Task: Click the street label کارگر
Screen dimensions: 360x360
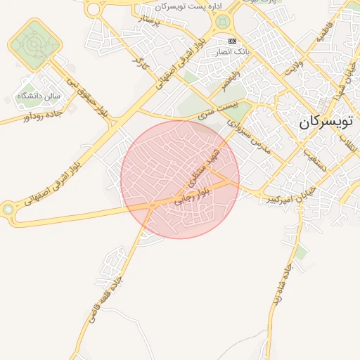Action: pyautogui.click(x=138, y=61)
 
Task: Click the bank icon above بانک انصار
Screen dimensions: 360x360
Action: pyautogui.click(x=233, y=41)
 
